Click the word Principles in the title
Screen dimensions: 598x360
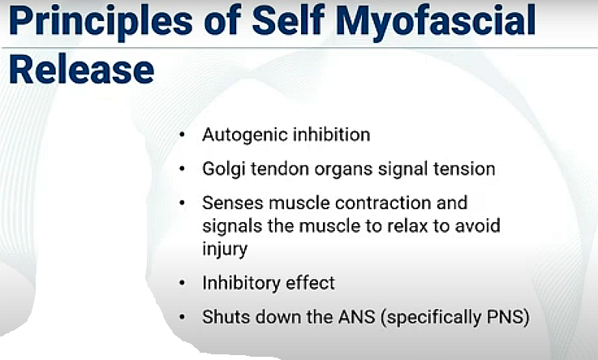[x=101, y=21]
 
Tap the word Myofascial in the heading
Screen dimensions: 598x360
[x=436, y=21]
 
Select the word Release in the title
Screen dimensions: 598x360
[x=81, y=70]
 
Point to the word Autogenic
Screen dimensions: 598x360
[x=244, y=135]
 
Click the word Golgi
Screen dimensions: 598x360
[x=223, y=169]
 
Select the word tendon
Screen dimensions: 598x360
[x=280, y=169]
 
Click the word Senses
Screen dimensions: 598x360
[x=233, y=203]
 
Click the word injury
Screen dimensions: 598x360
[x=225, y=250]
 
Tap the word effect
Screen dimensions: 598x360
[x=310, y=283]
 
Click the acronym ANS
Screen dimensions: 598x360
[x=357, y=317]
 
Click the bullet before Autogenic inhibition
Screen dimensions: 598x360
[x=183, y=135]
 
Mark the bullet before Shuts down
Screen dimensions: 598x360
[x=183, y=317]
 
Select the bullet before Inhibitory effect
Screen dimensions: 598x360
[x=183, y=283]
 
